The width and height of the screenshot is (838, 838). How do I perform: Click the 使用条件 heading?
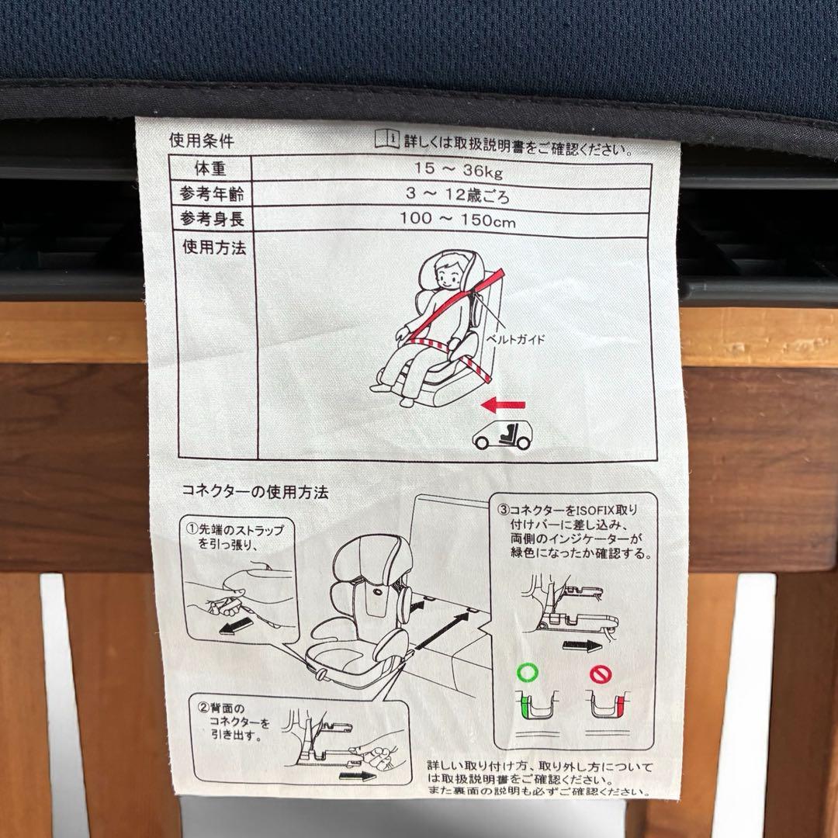pos(202,141)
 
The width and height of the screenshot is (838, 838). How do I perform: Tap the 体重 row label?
pos(210,168)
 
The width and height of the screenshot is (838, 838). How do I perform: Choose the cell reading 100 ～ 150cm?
pos(458,220)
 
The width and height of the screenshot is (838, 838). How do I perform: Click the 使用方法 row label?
pos(214,248)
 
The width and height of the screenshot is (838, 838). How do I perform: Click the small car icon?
pos(503,436)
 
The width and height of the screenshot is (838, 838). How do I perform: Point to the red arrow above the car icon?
pos(503,404)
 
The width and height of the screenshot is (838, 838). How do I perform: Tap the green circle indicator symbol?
pos(527,670)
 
